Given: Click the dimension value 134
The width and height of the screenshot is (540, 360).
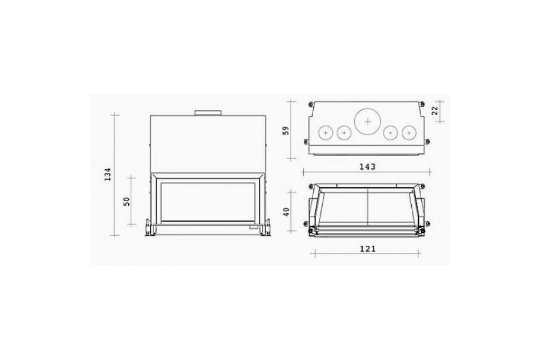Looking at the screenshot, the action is [x=108, y=175].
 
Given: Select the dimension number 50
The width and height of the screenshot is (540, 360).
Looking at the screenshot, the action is [x=126, y=202].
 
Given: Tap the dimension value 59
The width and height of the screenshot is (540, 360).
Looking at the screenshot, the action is [x=286, y=130].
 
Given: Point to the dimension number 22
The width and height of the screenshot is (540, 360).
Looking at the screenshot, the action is [x=434, y=111].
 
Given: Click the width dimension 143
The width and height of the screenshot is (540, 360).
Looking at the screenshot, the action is [x=368, y=167].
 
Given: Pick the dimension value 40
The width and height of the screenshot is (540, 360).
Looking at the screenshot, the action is [x=286, y=212].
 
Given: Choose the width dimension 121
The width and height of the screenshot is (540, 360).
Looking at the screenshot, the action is [x=368, y=249].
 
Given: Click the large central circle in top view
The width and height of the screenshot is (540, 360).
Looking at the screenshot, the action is [x=367, y=121].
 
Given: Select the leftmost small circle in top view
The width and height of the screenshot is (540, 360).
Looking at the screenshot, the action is [x=326, y=133].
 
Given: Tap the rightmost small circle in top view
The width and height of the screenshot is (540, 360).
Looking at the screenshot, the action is [x=409, y=133].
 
